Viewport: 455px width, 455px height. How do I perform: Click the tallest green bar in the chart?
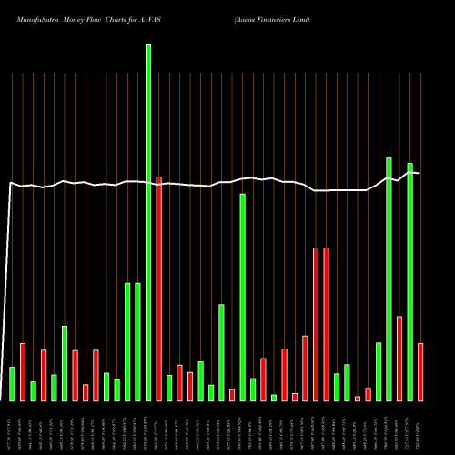[x=148, y=223]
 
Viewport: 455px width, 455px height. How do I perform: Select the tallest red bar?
[x=158, y=288]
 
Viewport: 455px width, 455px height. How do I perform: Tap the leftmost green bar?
[x=12, y=383]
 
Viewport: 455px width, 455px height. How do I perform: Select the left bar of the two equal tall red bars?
[x=316, y=324]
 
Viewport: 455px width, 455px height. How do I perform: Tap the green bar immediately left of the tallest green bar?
[x=137, y=341]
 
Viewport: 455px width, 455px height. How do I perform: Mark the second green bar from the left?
[x=33, y=391]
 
